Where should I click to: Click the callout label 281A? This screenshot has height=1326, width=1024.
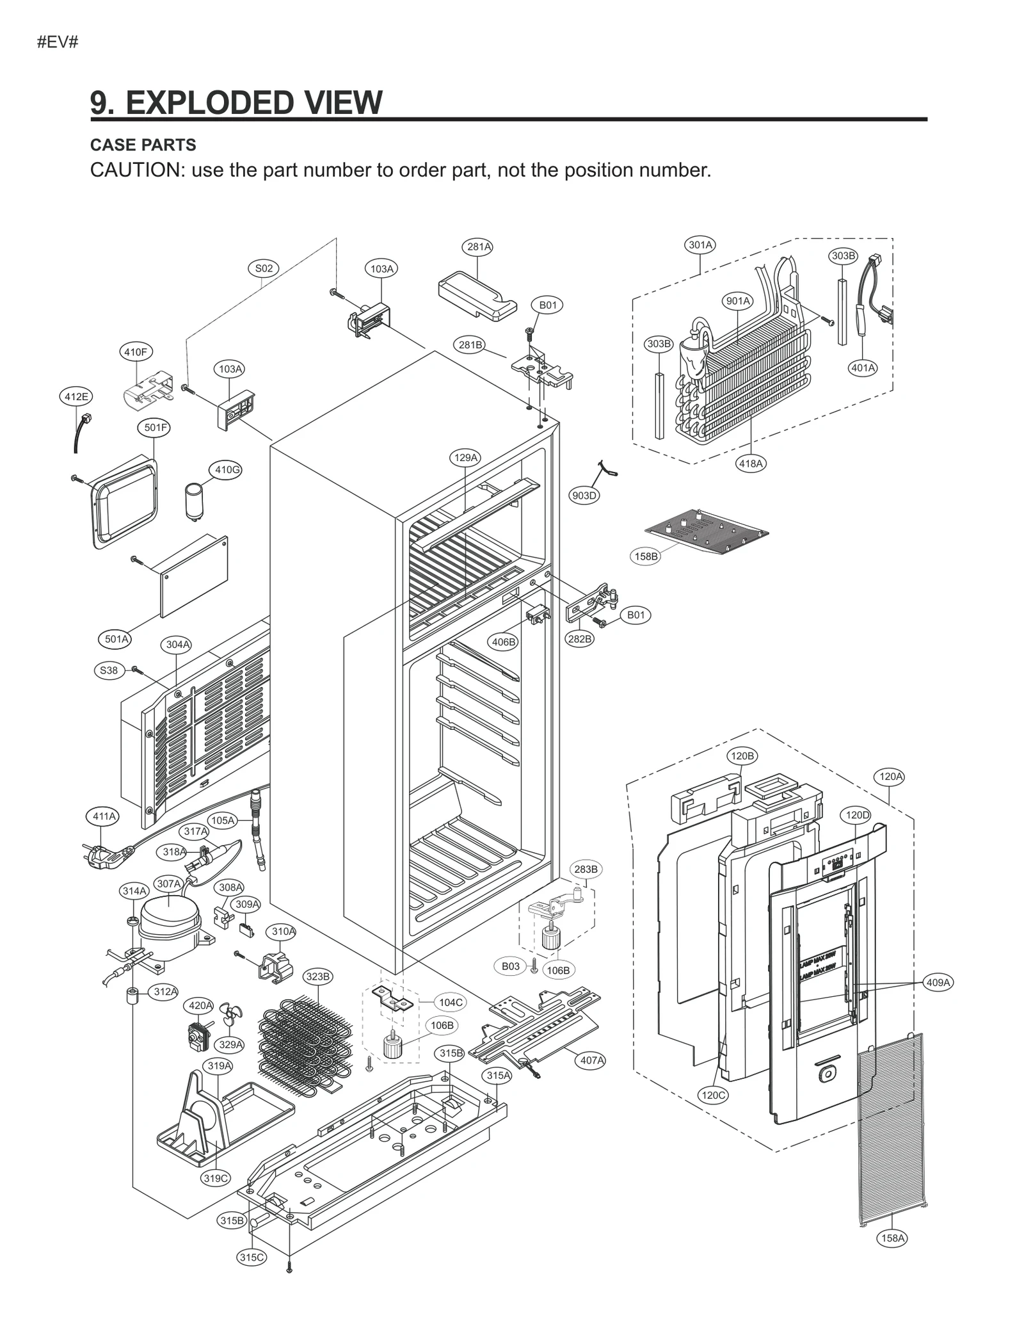click(x=479, y=247)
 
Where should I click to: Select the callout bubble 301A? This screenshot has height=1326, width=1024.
click(x=700, y=245)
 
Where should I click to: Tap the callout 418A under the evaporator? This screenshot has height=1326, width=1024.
click(x=751, y=463)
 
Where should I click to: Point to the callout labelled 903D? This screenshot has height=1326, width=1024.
click(x=584, y=495)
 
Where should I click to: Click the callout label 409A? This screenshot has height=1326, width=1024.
click(x=938, y=982)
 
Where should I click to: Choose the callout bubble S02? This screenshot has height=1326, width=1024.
click(x=264, y=268)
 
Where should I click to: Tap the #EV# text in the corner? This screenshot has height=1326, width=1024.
click(x=58, y=43)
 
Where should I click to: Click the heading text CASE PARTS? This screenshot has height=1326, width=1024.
click(x=143, y=145)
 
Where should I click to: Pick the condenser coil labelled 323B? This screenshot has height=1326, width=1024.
click(x=306, y=1040)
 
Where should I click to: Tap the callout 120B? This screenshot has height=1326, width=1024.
click(x=742, y=756)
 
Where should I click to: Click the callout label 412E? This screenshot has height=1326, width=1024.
click(x=76, y=396)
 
